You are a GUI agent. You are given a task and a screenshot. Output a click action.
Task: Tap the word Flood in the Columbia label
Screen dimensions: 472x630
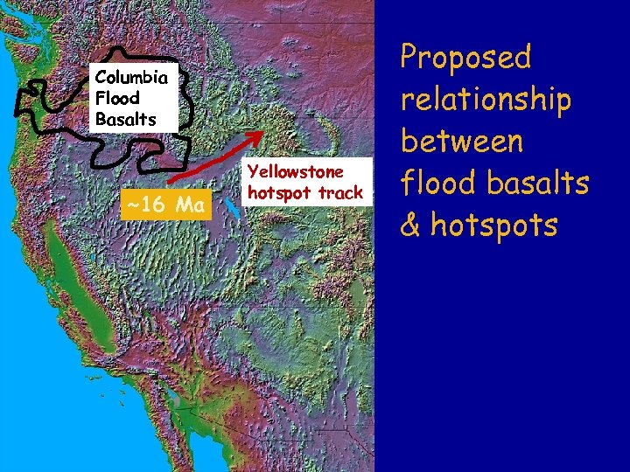116,97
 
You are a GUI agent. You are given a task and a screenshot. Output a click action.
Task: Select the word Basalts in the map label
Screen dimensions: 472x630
125,118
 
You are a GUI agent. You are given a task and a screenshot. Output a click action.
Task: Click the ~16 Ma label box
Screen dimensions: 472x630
165,205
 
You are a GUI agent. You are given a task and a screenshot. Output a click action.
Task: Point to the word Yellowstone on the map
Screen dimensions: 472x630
294,172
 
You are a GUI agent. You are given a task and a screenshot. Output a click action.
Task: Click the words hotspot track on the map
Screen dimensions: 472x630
305,192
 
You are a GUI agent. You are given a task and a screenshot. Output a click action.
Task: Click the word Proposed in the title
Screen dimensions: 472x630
465,58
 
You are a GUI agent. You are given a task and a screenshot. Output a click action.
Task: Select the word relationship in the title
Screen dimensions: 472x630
486,100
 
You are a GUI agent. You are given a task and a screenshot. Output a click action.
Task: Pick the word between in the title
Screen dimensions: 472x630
461,142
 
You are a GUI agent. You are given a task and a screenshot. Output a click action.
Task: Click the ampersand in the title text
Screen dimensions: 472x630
411,226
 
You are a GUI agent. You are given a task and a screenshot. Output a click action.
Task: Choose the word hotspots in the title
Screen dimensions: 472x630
493,226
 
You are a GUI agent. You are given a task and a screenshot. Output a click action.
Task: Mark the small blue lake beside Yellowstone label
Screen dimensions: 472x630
230,208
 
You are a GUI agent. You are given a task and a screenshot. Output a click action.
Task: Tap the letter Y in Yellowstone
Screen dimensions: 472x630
254,172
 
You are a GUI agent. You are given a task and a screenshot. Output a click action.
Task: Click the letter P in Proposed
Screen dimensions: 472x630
409,58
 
